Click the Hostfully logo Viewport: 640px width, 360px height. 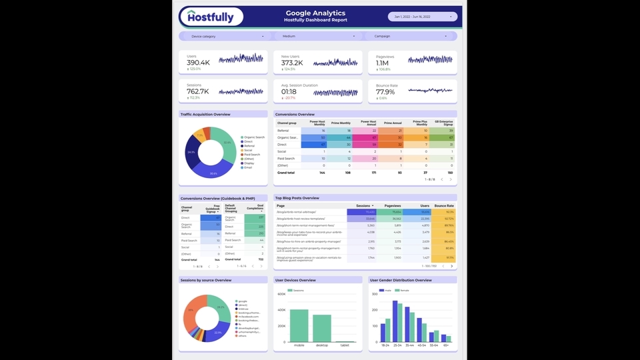pyautogui.click(x=211, y=16)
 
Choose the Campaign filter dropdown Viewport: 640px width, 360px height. pyautogui.click(x=409, y=36)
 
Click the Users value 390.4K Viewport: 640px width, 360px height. pyautogui.click(x=198, y=63)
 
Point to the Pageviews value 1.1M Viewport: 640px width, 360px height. pyautogui.click(x=382, y=63)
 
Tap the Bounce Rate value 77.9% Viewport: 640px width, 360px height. pyautogui.click(x=385, y=92)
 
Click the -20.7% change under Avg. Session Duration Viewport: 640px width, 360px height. pyautogui.click(x=289, y=98)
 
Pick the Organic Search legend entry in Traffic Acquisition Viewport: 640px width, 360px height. pyautogui.click(x=253, y=137)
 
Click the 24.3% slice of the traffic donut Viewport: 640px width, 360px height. pyautogui.click(x=191, y=152)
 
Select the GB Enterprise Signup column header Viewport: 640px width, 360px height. pyautogui.click(x=443, y=123)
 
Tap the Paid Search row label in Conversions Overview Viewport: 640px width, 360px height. pyautogui.click(x=287, y=159)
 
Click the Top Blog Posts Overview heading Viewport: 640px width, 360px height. pyautogui.click(x=297, y=198)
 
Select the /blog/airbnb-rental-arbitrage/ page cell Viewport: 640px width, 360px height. pyautogui.click(x=297, y=212)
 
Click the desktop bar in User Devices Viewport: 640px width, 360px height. pyautogui.click(x=322, y=328)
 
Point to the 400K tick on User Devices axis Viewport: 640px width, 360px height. pyautogui.click(x=281, y=310)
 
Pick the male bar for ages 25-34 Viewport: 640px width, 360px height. pyautogui.click(x=395, y=322)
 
